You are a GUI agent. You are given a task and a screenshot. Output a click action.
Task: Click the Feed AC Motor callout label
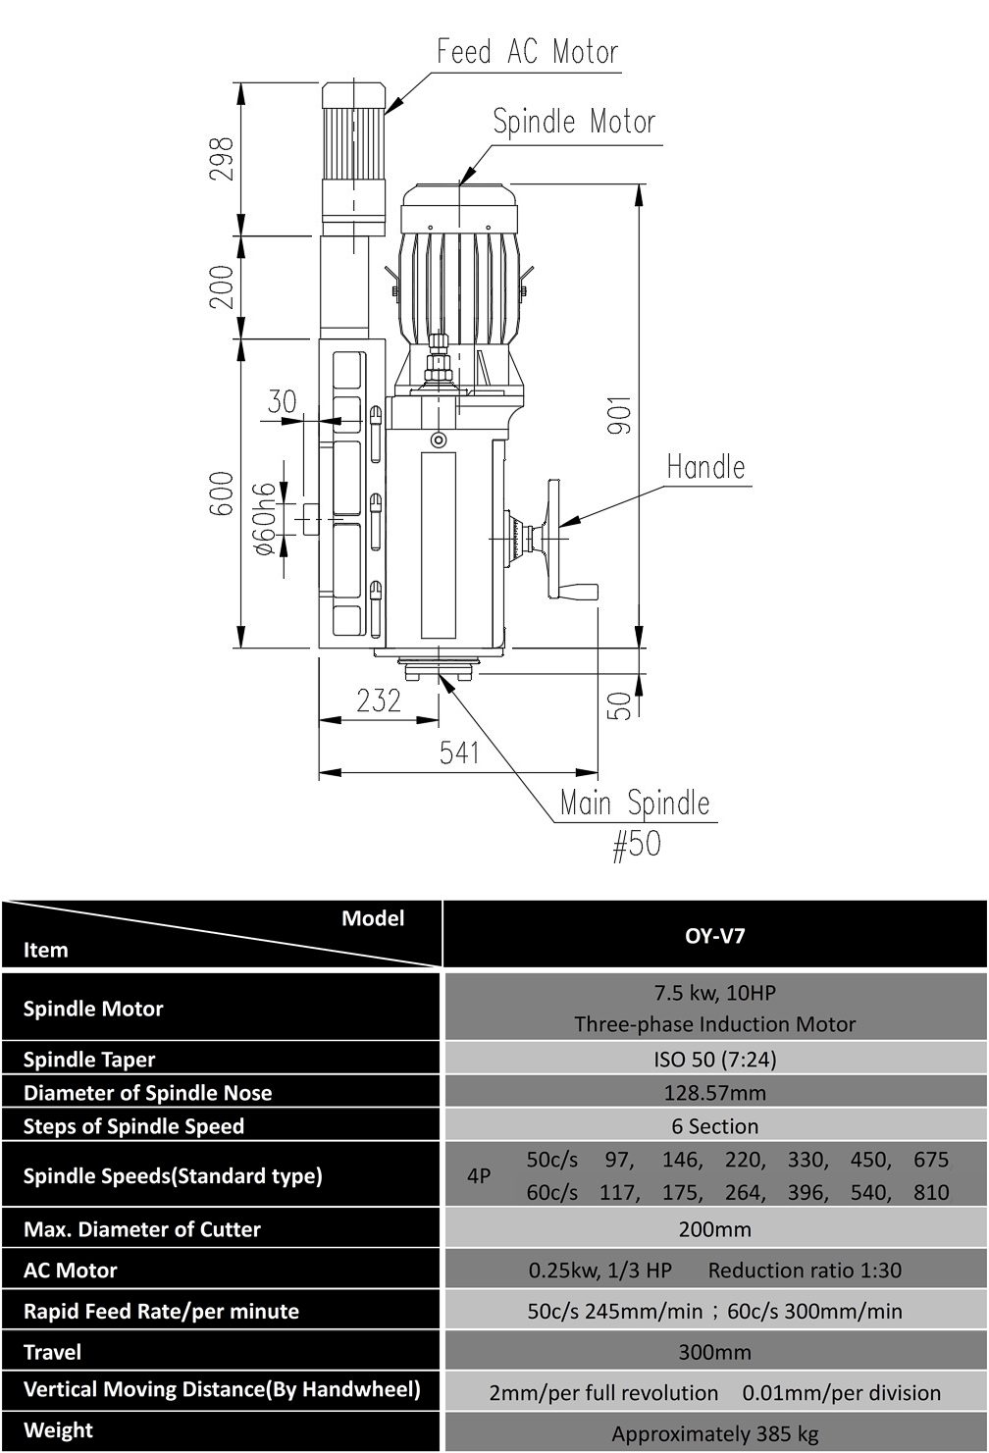pyautogui.click(x=527, y=51)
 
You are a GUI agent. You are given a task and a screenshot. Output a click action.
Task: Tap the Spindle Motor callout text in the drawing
pyautogui.click(x=574, y=122)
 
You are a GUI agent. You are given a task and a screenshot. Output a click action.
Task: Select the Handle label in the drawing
pyautogui.click(x=706, y=467)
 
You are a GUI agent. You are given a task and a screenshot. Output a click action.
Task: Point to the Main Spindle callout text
pyautogui.click(x=635, y=804)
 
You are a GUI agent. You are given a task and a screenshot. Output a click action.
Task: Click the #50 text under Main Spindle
pyautogui.click(x=637, y=845)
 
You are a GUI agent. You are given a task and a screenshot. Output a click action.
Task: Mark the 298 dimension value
pyautogui.click(x=222, y=159)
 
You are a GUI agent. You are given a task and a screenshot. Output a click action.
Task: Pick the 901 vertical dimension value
pyautogui.click(x=619, y=415)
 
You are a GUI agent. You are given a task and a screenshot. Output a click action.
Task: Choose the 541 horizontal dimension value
pyautogui.click(x=459, y=752)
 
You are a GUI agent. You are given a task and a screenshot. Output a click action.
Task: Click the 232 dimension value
pyautogui.click(x=380, y=701)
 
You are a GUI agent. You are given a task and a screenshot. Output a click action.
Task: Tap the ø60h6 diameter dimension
pyautogui.click(x=265, y=519)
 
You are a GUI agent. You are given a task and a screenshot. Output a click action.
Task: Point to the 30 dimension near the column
pyautogui.click(x=283, y=401)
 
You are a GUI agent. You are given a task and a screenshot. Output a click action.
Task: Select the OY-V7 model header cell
pyautogui.click(x=714, y=935)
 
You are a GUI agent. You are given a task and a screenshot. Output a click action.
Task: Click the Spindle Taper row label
pyautogui.click(x=89, y=1060)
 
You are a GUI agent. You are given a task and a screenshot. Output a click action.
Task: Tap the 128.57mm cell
pyautogui.click(x=714, y=1093)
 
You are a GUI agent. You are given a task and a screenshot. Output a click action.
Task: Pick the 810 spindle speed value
pyautogui.click(x=931, y=1192)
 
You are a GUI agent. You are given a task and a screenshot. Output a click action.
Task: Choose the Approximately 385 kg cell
pyautogui.click(x=714, y=1433)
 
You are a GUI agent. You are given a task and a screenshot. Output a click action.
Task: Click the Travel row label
pyautogui.click(x=52, y=1352)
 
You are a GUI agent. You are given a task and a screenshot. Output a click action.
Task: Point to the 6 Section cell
pyautogui.click(x=714, y=1126)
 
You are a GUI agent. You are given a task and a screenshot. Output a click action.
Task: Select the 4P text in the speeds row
pyautogui.click(x=479, y=1175)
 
